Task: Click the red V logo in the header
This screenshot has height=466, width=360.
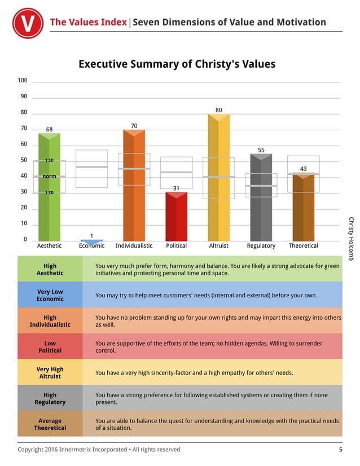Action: coord(28,23)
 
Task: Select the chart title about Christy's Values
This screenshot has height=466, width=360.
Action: coord(177,64)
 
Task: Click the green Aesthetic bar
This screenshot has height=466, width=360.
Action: coord(49,192)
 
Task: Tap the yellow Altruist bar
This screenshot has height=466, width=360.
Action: coord(218,181)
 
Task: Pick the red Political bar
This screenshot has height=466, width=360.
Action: coord(176,217)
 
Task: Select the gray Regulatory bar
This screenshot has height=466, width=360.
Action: coord(261,197)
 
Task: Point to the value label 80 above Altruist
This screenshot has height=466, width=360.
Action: coord(218,109)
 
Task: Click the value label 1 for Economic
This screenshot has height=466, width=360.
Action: coord(91,235)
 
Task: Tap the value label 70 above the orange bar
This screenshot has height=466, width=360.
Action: coord(134,125)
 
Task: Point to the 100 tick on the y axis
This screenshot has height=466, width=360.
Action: coord(23,81)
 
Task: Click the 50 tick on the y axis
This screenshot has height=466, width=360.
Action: coord(24,160)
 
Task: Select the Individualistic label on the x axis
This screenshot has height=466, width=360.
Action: coord(134,246)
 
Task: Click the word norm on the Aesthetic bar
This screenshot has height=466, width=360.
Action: coord(49,177)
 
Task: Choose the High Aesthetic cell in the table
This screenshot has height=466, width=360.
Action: coord(50,269)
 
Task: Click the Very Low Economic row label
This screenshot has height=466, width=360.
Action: coord(50,295)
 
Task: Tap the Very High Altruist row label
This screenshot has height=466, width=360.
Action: coord(50,372)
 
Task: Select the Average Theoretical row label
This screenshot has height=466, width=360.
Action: coord(50,424)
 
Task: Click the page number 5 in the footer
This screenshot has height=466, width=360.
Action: coord(340,450)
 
